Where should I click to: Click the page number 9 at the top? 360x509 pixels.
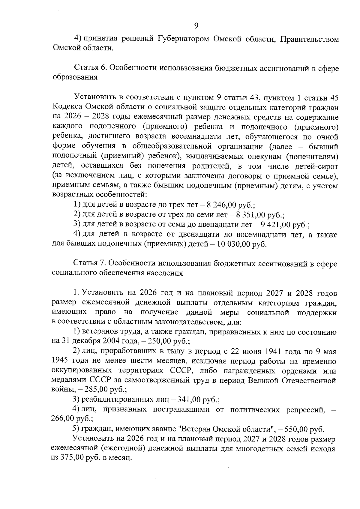pos(196,26)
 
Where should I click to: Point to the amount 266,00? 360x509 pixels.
pos(63,419)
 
